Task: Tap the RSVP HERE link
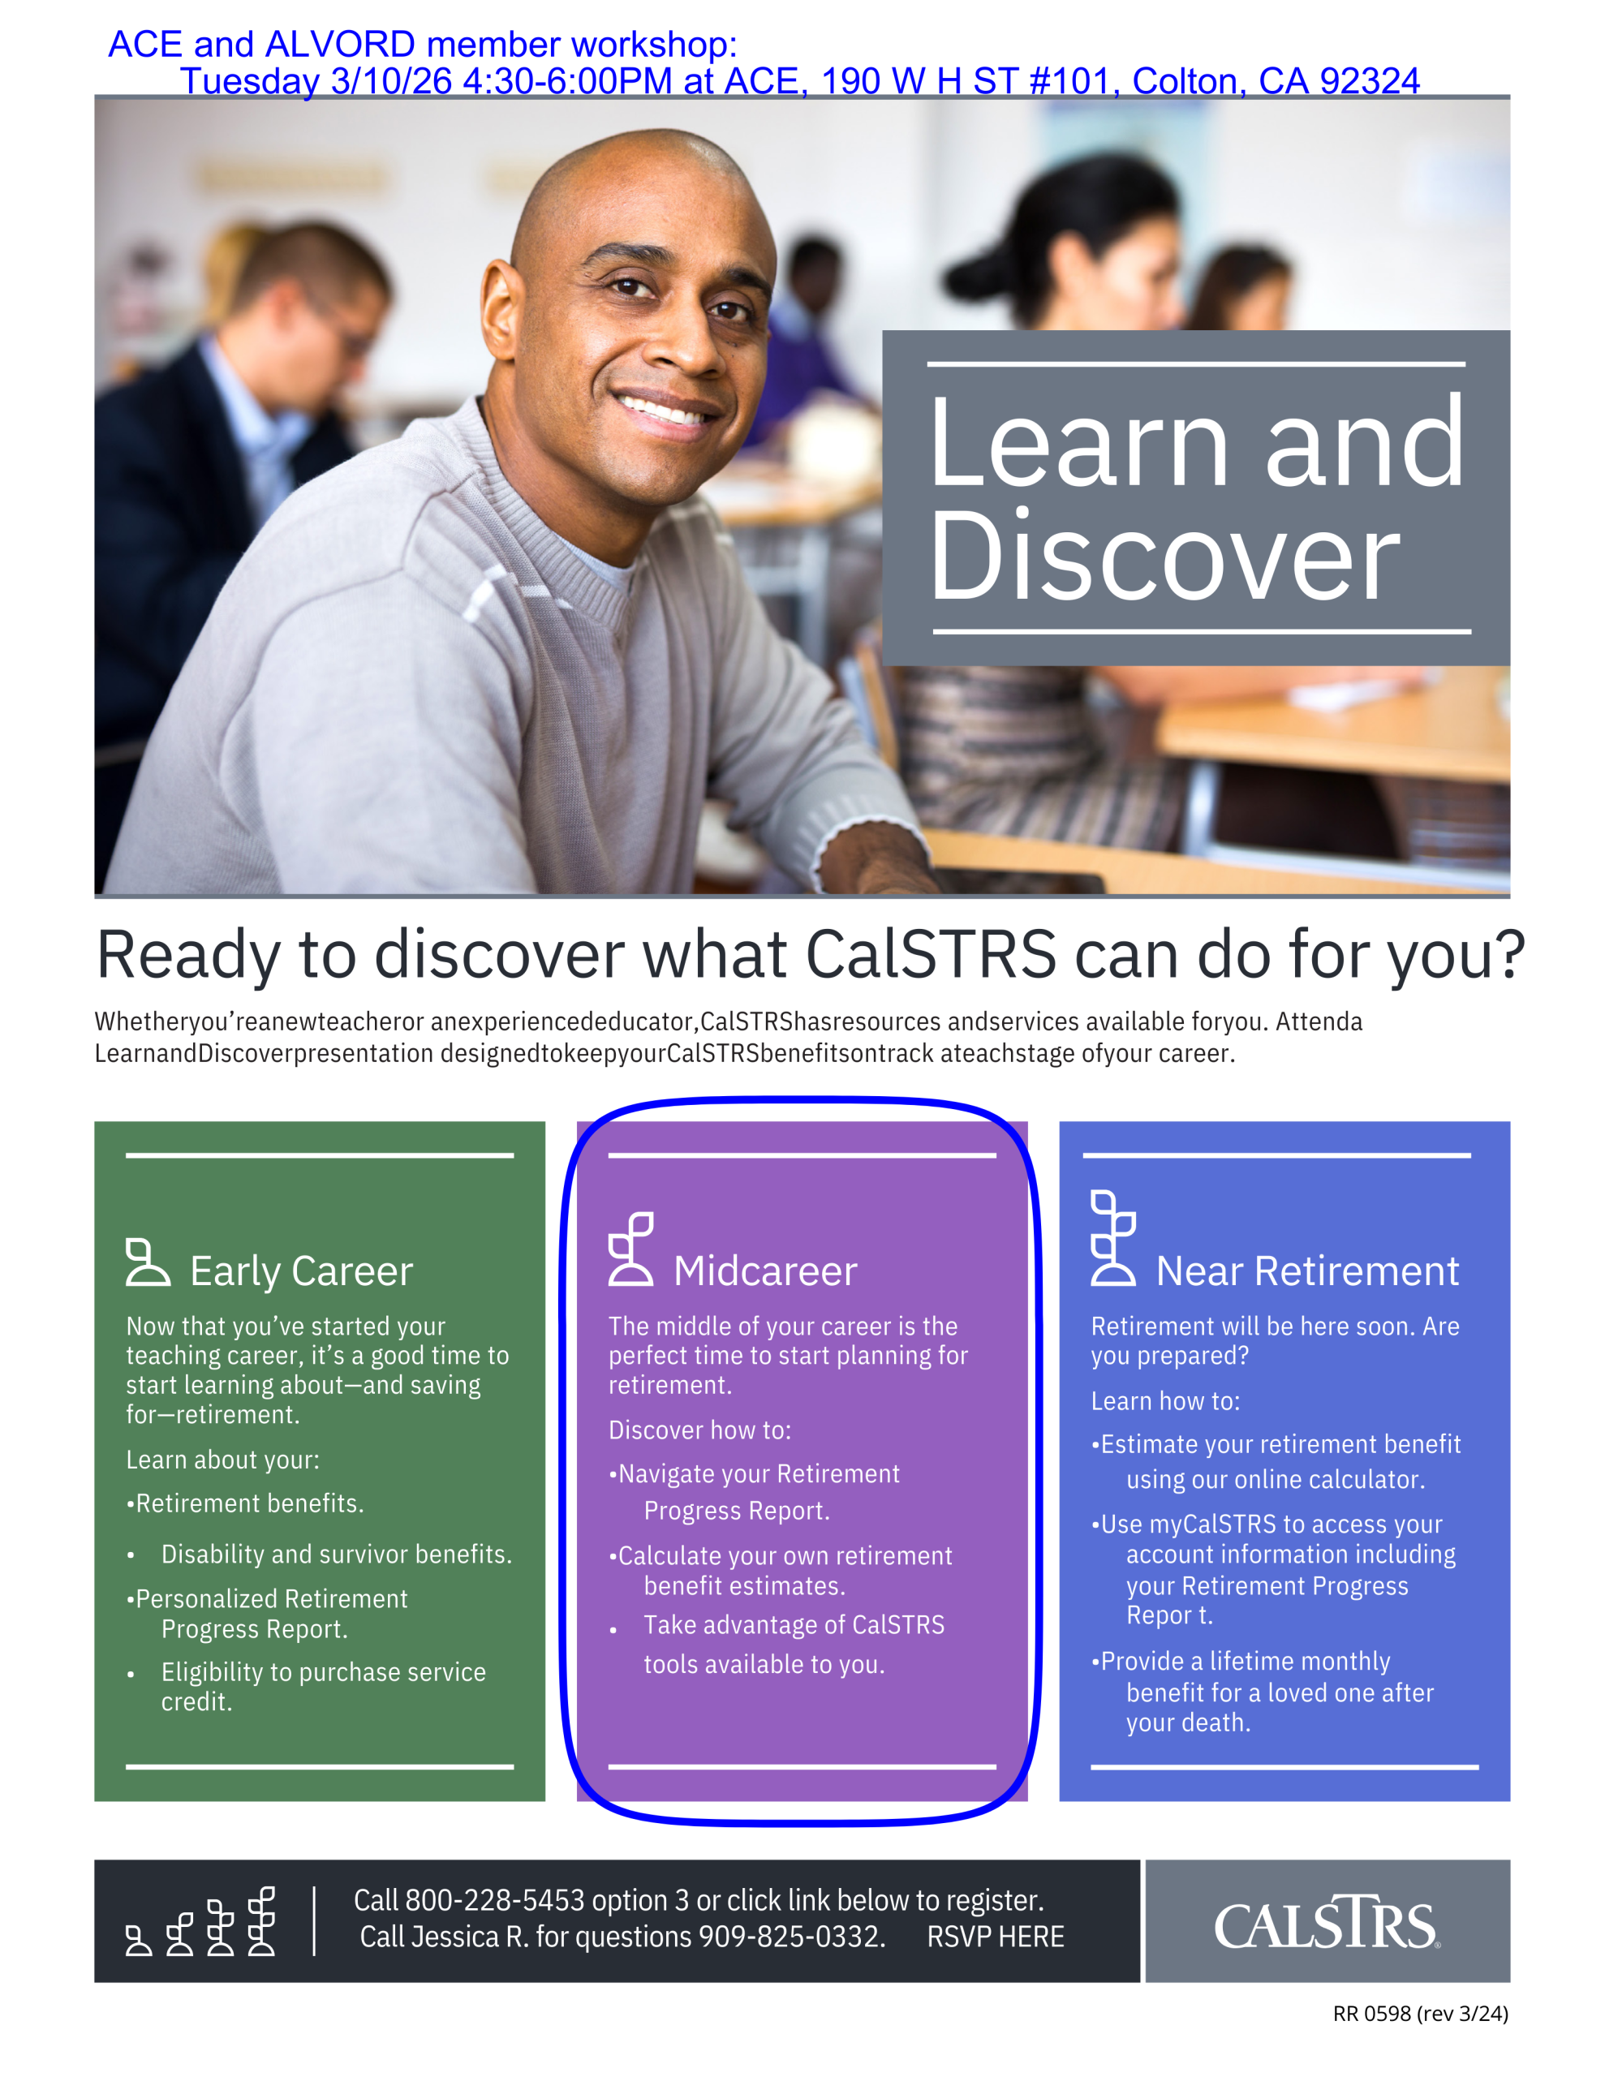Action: pyautogui.click(x=995, y=1937)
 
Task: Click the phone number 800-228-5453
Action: pyautogui.click(x=495, y=1900)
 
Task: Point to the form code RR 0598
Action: pyautogui.click(x=1371, y=2013)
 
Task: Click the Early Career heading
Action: pyautogui.click(x=302, y=1271)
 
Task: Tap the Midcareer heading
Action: pyautogui.click(x=765, y=1271)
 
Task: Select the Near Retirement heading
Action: pyautogui.click(x=1307, y=1271)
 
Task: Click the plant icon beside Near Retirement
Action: pyautogui.click(x=1113, y=1237)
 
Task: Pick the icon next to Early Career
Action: pyautogui.click(x=148, y=1262)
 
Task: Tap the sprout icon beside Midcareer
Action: pyautogui.click(x=630, y=1249)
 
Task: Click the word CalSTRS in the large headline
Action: pyautogui.click(x=931, y=954)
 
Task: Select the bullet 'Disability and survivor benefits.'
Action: pyautogui.click(x=337, y=1554)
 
